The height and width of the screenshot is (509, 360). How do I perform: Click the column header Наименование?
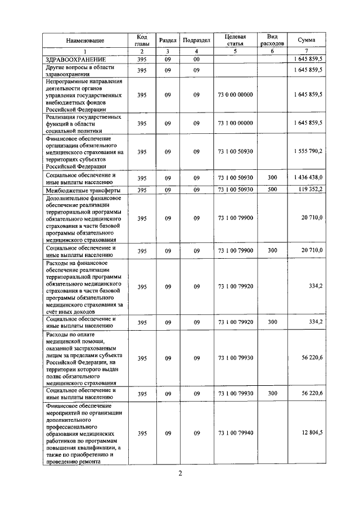point(85,41)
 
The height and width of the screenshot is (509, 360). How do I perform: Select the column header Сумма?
point(306,40)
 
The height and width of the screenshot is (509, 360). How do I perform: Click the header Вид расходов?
point(273,39)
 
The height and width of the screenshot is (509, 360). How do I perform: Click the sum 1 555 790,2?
point(307,152)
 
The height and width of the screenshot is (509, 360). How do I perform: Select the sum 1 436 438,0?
point(307,177)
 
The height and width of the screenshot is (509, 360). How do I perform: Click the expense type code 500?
point(273,190)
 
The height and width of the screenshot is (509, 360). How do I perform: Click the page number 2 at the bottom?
point(180,473)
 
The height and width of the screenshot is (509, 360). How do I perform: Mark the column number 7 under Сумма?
point(306,52)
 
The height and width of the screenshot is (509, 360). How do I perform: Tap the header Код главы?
point(142,40)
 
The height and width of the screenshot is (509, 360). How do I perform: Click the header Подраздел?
point(196,40)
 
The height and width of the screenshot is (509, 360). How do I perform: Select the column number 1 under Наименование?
point(85,52)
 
